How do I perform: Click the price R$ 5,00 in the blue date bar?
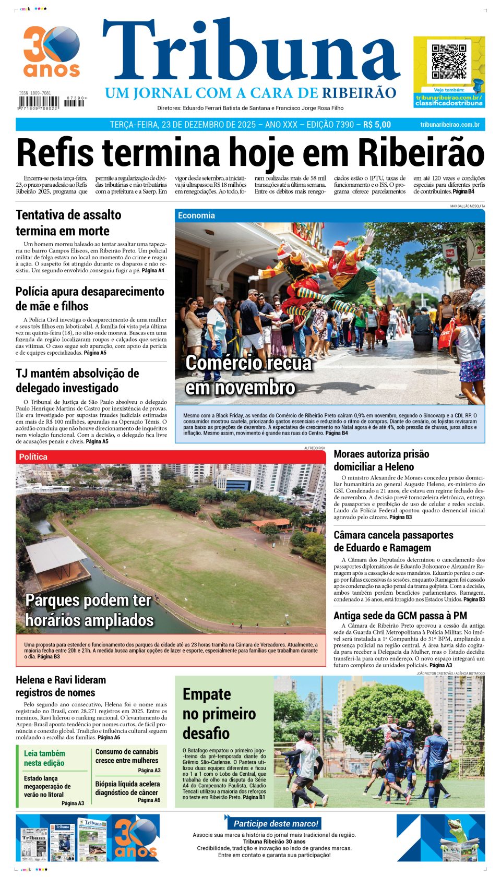tap(377, 125)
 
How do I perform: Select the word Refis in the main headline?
tap(55, 153)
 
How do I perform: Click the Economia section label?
tap(196, 215)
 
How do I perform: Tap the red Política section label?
tap(33, 457)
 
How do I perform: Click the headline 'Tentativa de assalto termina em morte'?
tap(68, 223)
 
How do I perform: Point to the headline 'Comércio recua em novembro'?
tap(248, 375)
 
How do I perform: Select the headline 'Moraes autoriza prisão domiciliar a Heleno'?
tap(381, 460)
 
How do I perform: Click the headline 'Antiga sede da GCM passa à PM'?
tap(400, 616)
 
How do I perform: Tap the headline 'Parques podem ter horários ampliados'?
tap(89, 610)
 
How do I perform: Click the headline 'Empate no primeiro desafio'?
tap(219, 714)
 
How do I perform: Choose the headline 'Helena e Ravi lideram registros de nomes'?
tap(61, 686)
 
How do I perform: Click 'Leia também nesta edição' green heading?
tap(44, 758)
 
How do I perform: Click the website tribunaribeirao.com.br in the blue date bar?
tap(449, 125)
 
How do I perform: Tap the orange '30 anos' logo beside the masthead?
tap(51, 52)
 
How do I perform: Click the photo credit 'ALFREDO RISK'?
tap(315, 448)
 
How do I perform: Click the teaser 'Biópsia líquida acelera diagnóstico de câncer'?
tap(127, 788)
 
